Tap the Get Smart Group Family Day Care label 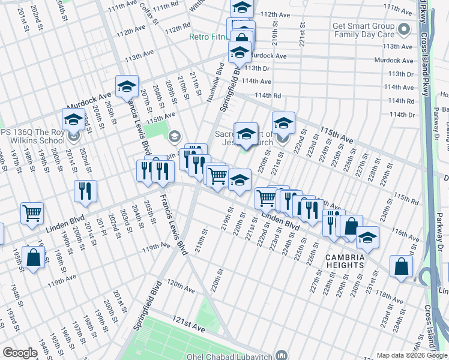(363, 31)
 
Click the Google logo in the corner (20, 353)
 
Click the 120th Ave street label (181, 286)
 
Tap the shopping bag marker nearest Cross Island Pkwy (400, 266)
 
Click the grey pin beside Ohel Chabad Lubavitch (280, 354)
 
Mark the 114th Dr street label (401, 115)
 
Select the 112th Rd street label (178, 29)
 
